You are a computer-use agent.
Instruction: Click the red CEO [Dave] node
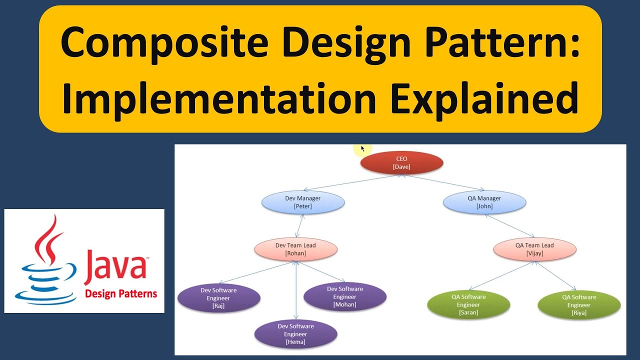coord(401,162)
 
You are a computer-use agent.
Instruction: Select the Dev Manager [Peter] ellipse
coord(303,202)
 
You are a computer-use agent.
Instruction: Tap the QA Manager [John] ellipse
coord(484,202)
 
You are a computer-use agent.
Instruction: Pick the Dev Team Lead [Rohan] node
coord(295,249)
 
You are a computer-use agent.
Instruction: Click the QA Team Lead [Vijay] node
coord(534,249)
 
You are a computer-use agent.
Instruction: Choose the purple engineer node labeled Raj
coord(218,298)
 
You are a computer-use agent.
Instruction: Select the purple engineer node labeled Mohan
coord(344,296)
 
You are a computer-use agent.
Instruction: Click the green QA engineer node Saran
coord(468,304)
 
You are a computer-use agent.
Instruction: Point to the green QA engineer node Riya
coord(579,305)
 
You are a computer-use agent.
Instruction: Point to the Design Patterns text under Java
coord(121,293)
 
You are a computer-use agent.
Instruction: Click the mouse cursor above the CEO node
coord(362,148)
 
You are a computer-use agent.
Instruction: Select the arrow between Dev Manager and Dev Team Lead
coord(299,225)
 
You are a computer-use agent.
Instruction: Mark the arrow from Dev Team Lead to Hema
coord(296,290)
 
